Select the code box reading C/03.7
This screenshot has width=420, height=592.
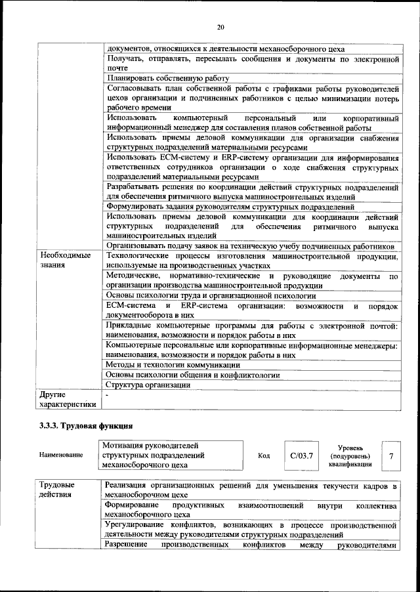(x=302, y=455)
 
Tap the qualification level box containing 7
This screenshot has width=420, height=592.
(x=392, y=455)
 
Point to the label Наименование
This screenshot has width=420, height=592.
(x=61, y=455)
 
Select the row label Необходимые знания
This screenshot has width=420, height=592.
(x=65, y=260)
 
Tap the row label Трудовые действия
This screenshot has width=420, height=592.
(x=56, y=490)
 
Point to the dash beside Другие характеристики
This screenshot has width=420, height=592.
(x=108, y=394)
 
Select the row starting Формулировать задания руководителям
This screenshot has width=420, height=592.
(x=230, y=207)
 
